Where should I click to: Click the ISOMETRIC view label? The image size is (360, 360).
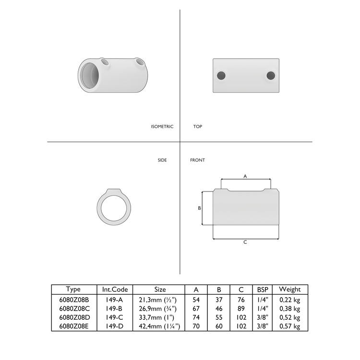tap(162, 127)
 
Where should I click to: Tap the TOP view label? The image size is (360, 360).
tap(197, 127)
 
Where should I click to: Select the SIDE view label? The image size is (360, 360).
tap(162, 160)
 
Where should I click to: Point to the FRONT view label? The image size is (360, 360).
tap(197, 160)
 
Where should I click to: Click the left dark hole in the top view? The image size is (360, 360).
tap(221, 75)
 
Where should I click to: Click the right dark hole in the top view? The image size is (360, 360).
tap(271, 75)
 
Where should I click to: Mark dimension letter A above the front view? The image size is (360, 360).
tap(245, 177)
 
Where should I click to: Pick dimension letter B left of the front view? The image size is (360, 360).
tap(199, 208)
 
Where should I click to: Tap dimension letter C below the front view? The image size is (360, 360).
tap(245, 242)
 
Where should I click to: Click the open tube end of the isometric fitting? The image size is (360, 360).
tap(90, 76)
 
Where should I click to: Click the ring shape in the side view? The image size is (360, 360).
tap(114, 209)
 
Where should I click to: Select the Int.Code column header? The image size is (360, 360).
tap(115, 289)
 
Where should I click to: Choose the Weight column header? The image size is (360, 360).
tap(290, 289)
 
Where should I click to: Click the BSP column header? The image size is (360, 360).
tap(263, 289)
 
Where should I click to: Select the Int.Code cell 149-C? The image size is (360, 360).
tap(115, 317)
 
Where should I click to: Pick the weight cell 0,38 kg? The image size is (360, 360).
tap(290, 309)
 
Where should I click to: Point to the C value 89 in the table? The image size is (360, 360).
tap(241, 309)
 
